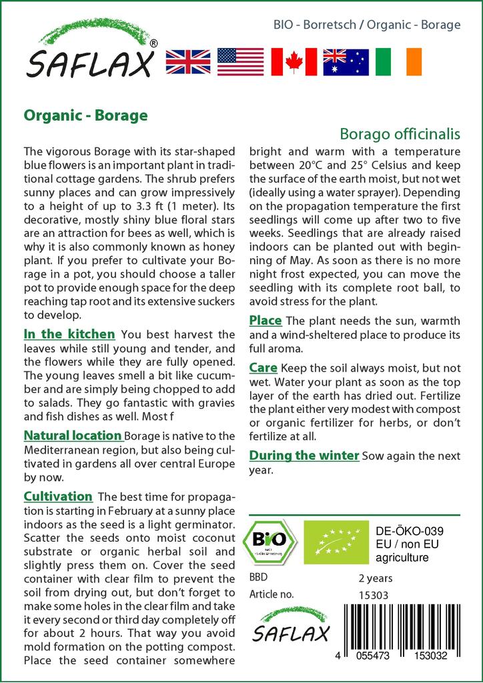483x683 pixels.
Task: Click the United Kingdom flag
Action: point(188,61)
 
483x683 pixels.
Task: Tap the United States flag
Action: point(241,61)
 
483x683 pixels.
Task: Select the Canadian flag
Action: point(293,61)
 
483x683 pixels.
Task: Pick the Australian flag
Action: point(346,61)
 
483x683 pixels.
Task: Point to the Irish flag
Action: point(398,61)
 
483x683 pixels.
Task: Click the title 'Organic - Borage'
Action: point(85,115)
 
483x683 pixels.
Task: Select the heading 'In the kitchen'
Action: point(69,333)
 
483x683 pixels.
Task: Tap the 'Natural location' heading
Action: point(73,436)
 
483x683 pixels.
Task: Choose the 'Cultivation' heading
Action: point(58,496)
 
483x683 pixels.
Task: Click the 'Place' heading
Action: point(266,321)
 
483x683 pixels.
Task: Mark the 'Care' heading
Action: point(264,368)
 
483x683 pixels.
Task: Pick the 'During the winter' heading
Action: point(304,456)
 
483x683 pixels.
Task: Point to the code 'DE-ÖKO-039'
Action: point(406,531)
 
